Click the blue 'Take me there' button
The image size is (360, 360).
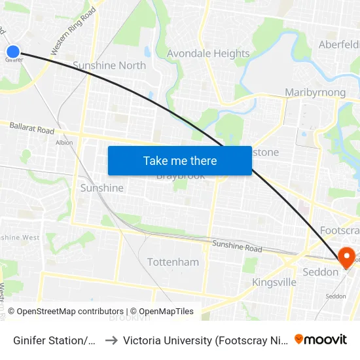click(x=179, y=160)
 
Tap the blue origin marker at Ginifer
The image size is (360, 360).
click(x=13, y=51)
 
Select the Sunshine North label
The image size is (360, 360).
click(x=109, y=65)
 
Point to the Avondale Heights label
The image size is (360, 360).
click(x=208, y=54)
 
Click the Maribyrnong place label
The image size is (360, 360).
click(x=315, y=92)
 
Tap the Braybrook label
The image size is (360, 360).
click(x=181, y=176)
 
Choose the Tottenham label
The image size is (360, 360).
click(x=173, y=262)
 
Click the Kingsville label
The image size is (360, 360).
click(x=274, y=282)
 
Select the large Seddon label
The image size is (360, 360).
click(x=321, y=272)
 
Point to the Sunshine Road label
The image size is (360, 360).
click(x=236, y=247)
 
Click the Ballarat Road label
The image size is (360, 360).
click(x=31, y=129)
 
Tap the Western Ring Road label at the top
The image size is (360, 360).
click(x=73, y=31)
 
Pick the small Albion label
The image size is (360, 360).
click(x=64, y=142)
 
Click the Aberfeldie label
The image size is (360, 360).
click(x=338, y=45)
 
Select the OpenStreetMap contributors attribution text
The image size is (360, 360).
click(x=65, y=312)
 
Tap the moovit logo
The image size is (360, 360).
click(x=321, y=339)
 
